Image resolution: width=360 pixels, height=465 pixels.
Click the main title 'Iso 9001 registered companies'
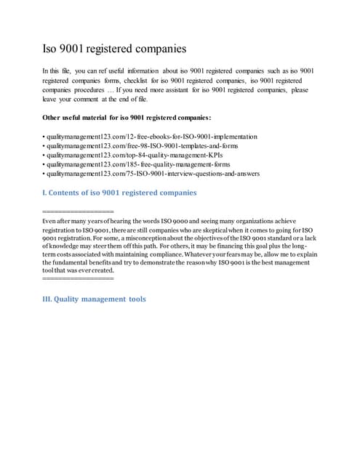click(x=114, y=49)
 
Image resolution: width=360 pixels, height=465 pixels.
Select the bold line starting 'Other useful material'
click(x=127, y=118)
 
